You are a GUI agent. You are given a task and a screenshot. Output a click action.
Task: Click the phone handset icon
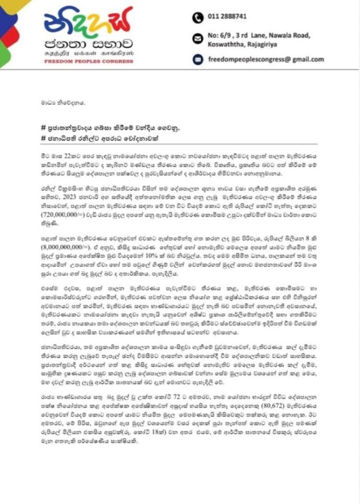point(197,17)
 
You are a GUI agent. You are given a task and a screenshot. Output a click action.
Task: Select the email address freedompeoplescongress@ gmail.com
point(266,59)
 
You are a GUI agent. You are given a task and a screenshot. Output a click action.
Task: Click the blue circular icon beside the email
point(197,59)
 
